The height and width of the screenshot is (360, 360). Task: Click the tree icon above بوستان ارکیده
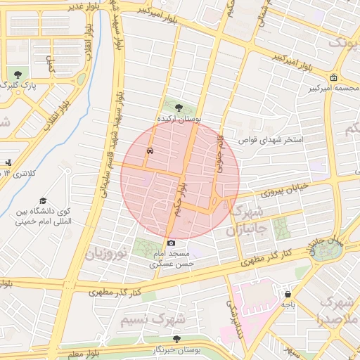178,108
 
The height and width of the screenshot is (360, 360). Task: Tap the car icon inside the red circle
150,150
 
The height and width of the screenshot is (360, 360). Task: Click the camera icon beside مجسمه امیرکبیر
333,78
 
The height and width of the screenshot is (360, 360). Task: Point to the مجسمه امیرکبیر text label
332,89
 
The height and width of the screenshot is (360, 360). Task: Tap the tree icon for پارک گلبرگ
17,74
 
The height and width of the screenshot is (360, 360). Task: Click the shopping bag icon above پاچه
287,294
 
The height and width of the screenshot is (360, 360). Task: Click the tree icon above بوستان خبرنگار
176,339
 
